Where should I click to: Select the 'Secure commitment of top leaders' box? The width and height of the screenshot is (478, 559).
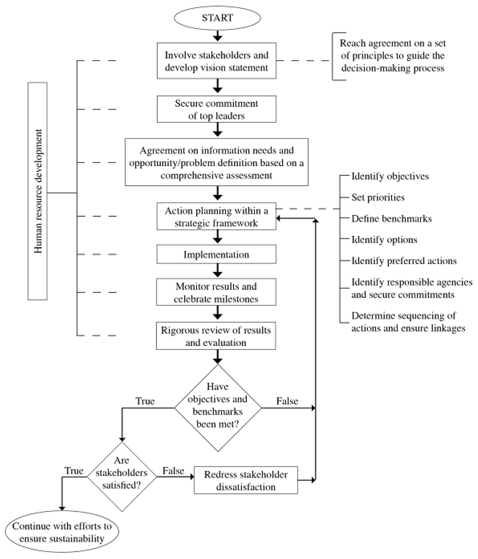[216, 109]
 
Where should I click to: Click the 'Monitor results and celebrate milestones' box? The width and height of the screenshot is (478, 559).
[216, 292]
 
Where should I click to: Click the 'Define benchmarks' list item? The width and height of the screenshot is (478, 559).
[391, 218]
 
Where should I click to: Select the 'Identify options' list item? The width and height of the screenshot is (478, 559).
[384, 240]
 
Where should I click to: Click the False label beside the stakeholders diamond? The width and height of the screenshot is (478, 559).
[173, 471]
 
